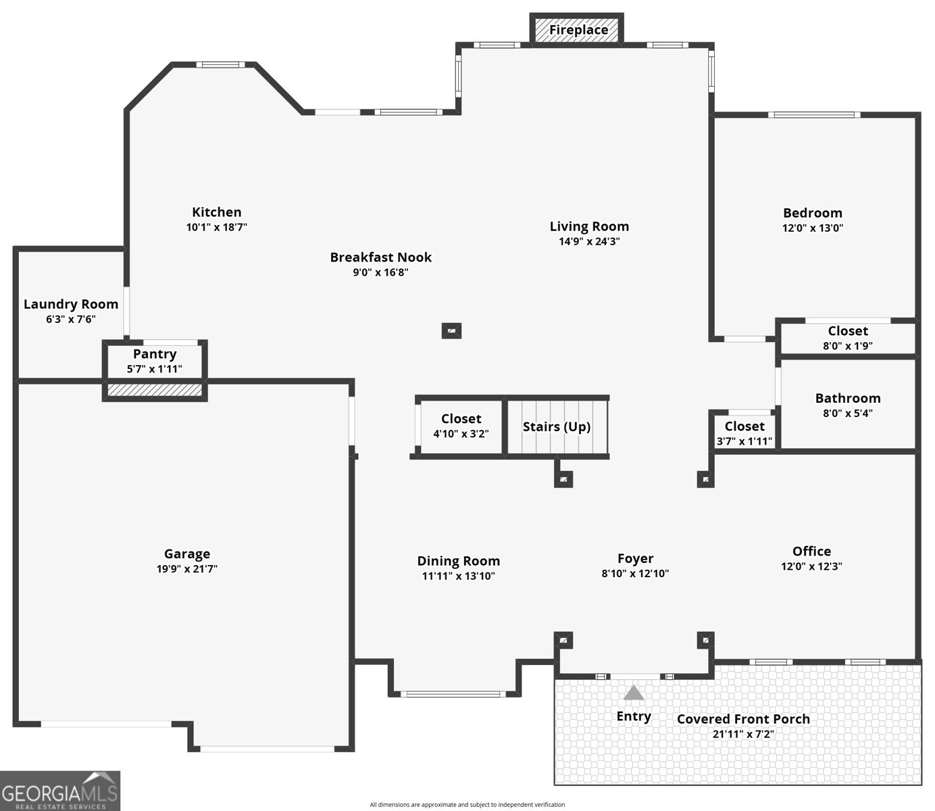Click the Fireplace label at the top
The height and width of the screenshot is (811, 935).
pos(578,30)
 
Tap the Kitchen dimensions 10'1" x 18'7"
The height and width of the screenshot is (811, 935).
pos(217,227)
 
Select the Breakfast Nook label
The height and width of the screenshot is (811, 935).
pos(380,257)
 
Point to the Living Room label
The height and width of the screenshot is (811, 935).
pos(589,226)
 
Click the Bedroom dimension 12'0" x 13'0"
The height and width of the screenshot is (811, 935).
pos(813,228)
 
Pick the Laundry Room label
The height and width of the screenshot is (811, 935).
pos(71,304)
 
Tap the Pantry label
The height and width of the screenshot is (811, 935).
pos(155,354)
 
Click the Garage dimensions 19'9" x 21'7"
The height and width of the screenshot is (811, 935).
pos(187,569)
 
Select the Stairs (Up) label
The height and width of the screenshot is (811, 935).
pos(557,426)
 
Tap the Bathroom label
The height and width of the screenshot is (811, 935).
pos(848,398)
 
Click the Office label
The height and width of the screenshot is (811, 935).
pos(811,551)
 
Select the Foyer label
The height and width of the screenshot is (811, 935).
pos(635,559)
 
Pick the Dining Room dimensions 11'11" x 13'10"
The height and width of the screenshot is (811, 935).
pos(458,576)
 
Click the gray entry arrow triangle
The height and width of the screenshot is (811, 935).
pos(633,693)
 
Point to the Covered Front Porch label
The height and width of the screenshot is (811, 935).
pos(743,719)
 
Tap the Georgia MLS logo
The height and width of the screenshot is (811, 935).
pos(60,791)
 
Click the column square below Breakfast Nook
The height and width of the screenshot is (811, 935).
pos(451,331)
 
